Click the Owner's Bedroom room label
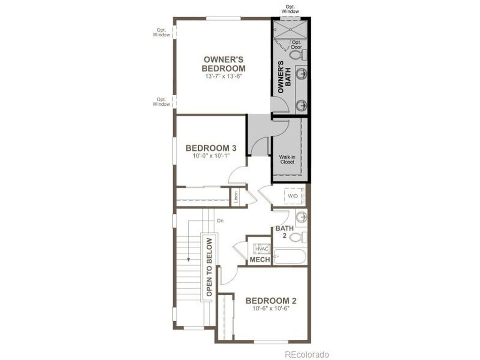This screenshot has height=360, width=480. (x=223, y=64)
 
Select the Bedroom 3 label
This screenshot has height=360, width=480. (x=211, y=148)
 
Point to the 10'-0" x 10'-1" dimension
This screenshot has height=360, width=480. (x=211, y=156)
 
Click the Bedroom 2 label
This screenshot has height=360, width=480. (x=271, y=301)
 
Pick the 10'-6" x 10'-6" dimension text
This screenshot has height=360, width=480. (x=271, y=309)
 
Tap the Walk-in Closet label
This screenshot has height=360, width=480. (x=287, y=160)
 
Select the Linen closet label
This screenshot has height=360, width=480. (x=236, y=197)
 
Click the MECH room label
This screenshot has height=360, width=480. (x=260, y=259)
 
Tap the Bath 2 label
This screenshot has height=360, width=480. (x=285, y=232)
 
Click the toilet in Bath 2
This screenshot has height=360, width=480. (x=299, y=237)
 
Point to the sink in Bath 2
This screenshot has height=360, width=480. (x=301, y=217)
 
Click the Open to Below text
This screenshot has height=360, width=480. (x=209, y=267)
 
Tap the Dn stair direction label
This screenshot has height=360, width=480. (x=220, y=221)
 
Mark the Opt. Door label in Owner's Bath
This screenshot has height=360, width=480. (x=296, y=45)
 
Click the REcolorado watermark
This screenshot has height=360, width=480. (x=307, y=354)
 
